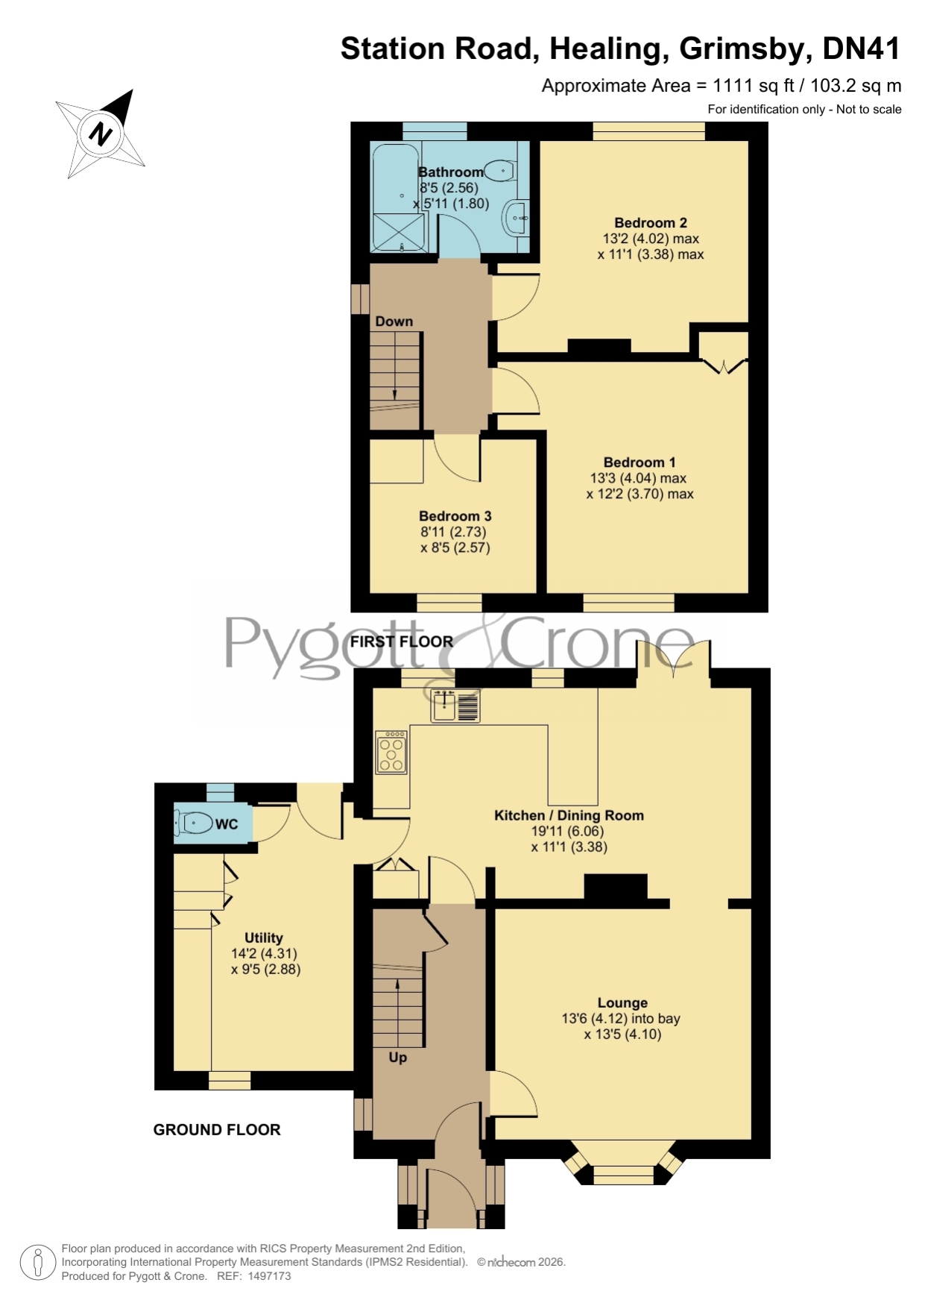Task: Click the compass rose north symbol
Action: point(101,134)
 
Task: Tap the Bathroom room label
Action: point(451,172)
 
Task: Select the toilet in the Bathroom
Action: point(500,171)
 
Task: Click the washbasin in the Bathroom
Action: point(517,218)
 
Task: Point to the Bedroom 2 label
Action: point(651,223)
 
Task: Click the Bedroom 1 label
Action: point(640,462)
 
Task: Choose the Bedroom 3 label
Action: point(455,516)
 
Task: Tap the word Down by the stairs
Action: point(394,321)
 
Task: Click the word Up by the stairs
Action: point(398,1058)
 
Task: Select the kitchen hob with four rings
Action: point(392,752)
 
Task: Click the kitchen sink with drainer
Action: point(455,706)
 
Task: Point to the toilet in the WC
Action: point(193,824)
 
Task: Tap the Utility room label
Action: point(264,938)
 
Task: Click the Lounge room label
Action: point(622,1003)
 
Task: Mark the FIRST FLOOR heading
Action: point(402,641)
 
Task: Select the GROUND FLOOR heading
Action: point(217,1130)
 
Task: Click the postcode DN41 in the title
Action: point(862,48)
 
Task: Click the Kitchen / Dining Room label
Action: point(569,815)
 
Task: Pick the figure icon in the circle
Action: point(37,1264)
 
